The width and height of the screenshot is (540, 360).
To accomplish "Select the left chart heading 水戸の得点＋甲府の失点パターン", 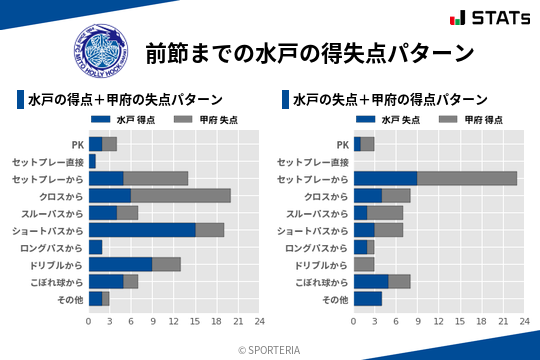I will point(125,100).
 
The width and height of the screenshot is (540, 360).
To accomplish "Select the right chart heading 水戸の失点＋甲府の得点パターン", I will point(390,100).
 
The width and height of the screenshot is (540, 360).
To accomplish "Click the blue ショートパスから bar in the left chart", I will point(142,229).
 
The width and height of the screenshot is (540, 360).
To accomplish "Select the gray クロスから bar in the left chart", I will point(180,195).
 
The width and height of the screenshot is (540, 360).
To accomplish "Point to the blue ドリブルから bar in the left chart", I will point(120,264).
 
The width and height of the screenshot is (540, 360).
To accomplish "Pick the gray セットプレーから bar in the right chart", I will point(467,178).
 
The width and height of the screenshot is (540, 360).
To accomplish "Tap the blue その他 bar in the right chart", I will point(368,299).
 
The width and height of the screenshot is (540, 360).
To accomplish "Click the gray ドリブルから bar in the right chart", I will point(364,264).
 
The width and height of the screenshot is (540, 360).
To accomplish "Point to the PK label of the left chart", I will point(77,144).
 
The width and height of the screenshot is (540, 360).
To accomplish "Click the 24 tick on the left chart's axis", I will point(259,321).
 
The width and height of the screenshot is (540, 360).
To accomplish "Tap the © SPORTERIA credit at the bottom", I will point(270,350).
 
